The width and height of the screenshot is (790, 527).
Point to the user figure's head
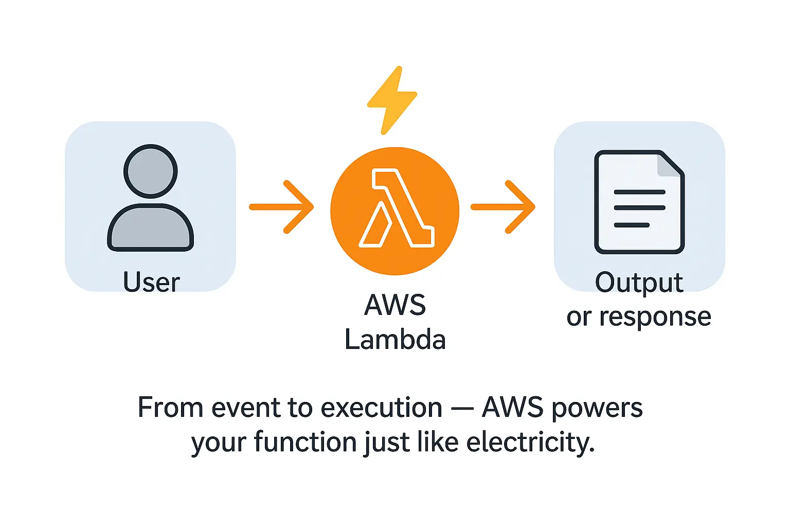point(151,171)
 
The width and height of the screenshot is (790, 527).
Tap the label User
point(151,282)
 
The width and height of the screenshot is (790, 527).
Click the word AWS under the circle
point(395,305)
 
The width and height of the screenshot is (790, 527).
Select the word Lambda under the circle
point(395,340)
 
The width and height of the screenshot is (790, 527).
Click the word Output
point(639,283)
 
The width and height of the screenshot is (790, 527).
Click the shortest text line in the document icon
point(632,225)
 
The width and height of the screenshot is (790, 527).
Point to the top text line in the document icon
point(639,192)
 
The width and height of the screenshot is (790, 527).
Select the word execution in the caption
point(382,408)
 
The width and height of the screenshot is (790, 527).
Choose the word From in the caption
point(171,408)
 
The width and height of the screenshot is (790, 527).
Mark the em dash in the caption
point(462,409)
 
